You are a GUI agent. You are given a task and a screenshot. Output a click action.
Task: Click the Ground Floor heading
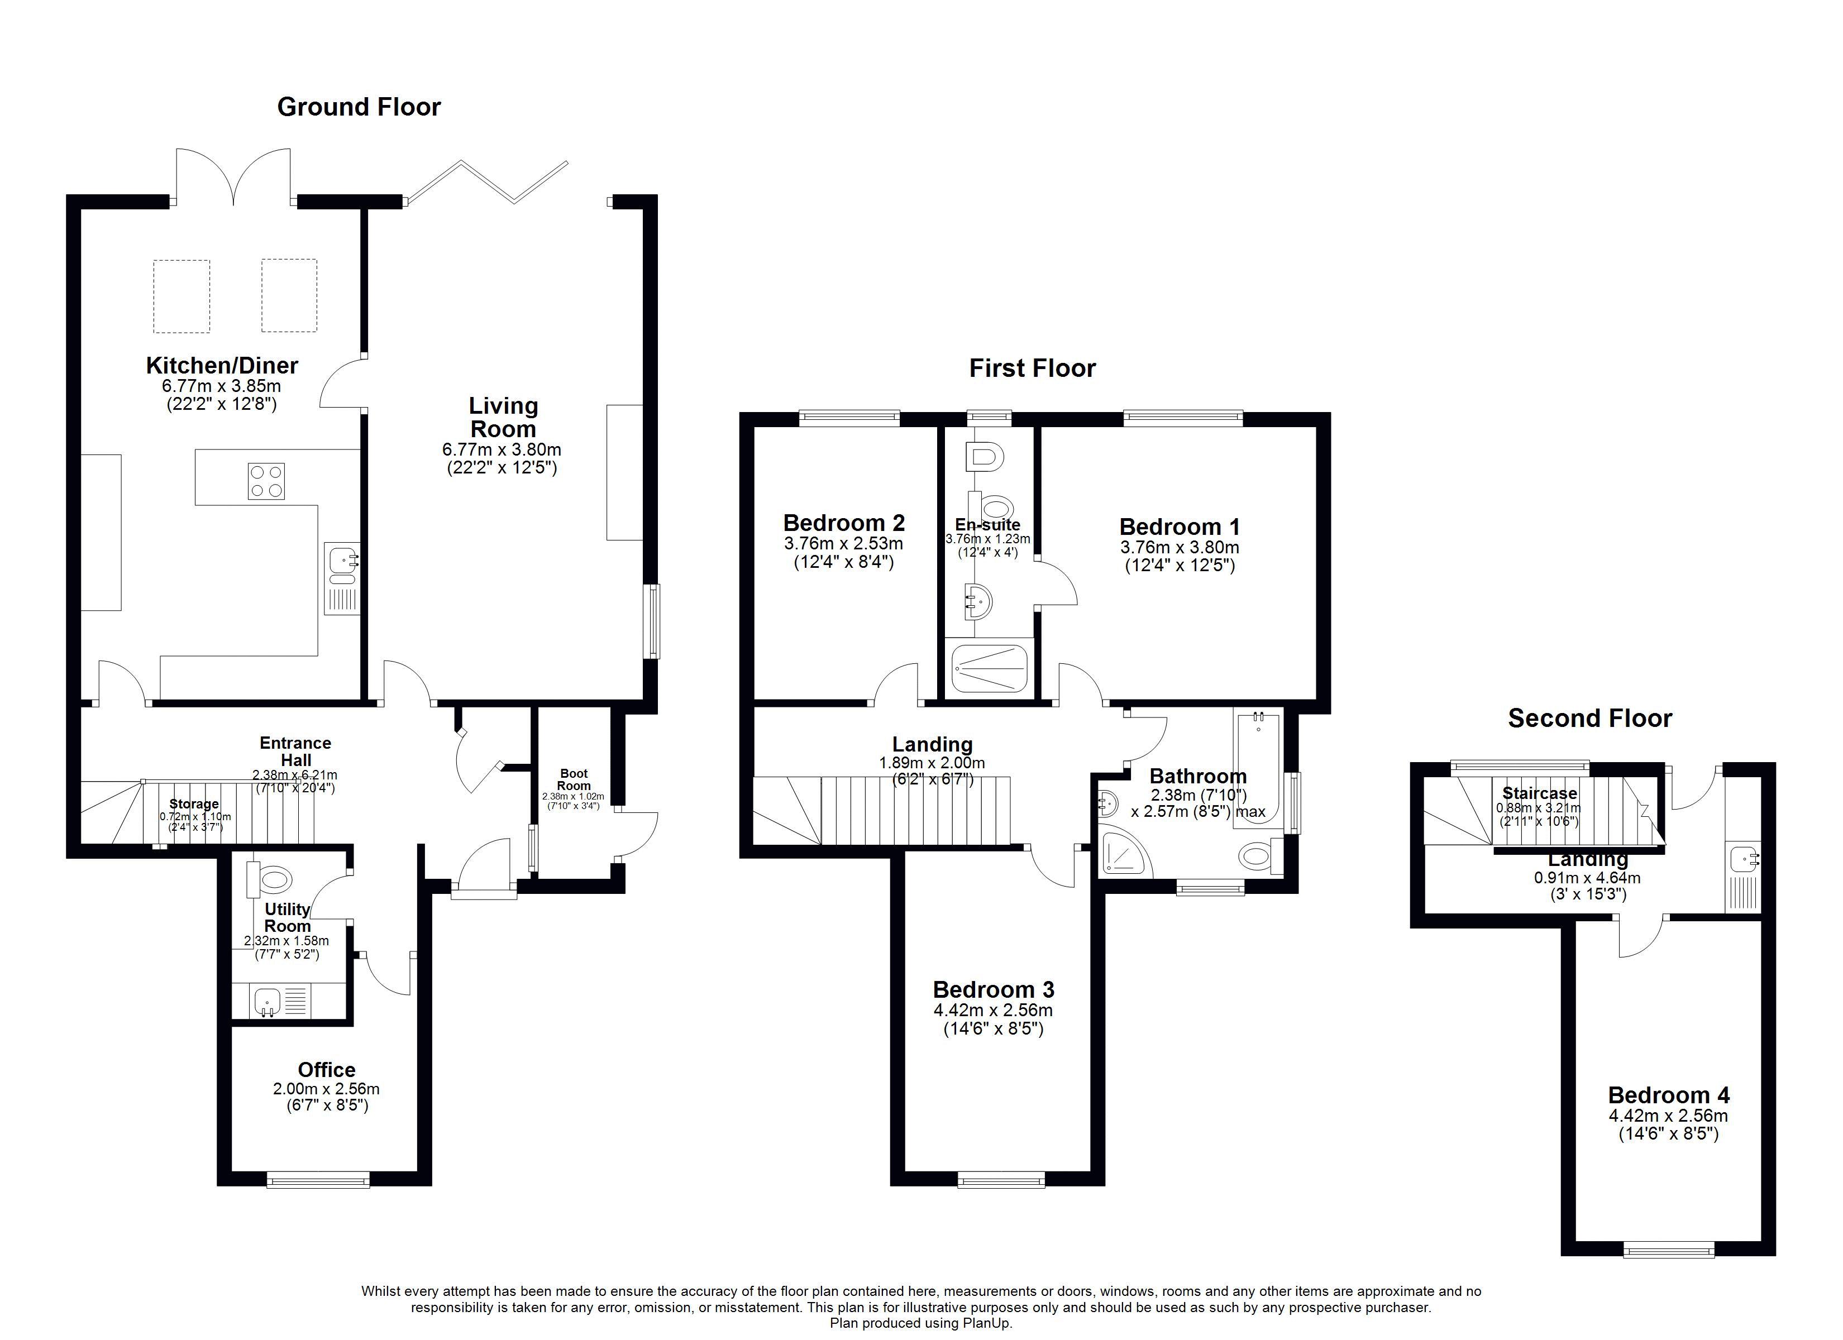click(x=359, y=107)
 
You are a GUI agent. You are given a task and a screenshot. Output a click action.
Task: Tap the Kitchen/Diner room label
click(x=222, y=366)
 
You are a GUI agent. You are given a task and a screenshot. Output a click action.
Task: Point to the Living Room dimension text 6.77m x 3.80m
click(x=502, y=449)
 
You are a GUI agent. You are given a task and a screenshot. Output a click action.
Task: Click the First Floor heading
click(x=1032, y=369)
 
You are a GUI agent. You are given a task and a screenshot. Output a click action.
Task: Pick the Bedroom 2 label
click(x=843, y=523)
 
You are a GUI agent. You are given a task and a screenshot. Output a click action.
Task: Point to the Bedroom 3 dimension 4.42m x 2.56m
click(x=993, y=1011)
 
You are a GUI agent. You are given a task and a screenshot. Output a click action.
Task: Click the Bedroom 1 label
click(x=1179, y=527)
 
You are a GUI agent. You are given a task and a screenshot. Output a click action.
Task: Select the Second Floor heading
click(x=1589, y=719)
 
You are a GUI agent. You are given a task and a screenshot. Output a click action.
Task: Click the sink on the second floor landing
click(x=1742, y=859)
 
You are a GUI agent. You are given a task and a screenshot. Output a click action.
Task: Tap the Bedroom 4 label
click(x=1668, y=1095)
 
